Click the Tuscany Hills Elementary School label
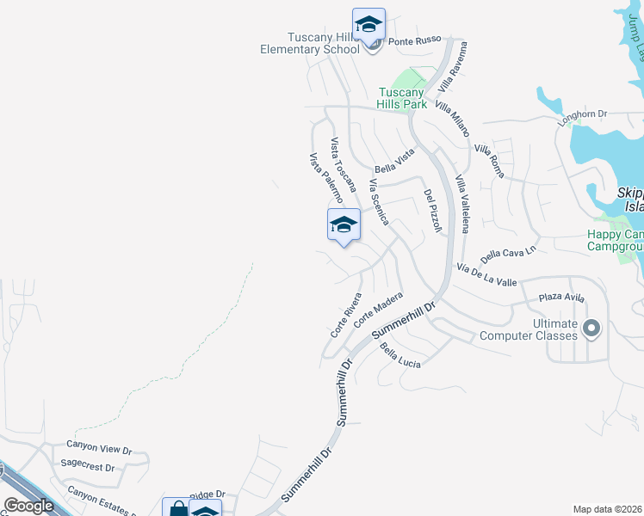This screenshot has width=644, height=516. click(310, 43)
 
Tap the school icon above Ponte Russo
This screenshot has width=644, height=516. click(368, 25)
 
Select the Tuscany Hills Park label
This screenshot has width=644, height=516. click(404, 98)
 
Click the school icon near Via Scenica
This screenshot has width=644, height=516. click(344, 225)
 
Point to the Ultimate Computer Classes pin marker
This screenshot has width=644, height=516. click(591, 328)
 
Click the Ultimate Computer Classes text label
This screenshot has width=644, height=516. click(542, 329)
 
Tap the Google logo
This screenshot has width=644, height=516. click(28, 506)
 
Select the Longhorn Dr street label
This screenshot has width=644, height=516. click(583, 114)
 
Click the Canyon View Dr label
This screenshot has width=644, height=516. click(99, 448)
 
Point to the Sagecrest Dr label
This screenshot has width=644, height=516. click(88, 467)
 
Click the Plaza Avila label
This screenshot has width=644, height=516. click(561, 298)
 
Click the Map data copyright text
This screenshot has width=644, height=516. click(608, 509)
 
